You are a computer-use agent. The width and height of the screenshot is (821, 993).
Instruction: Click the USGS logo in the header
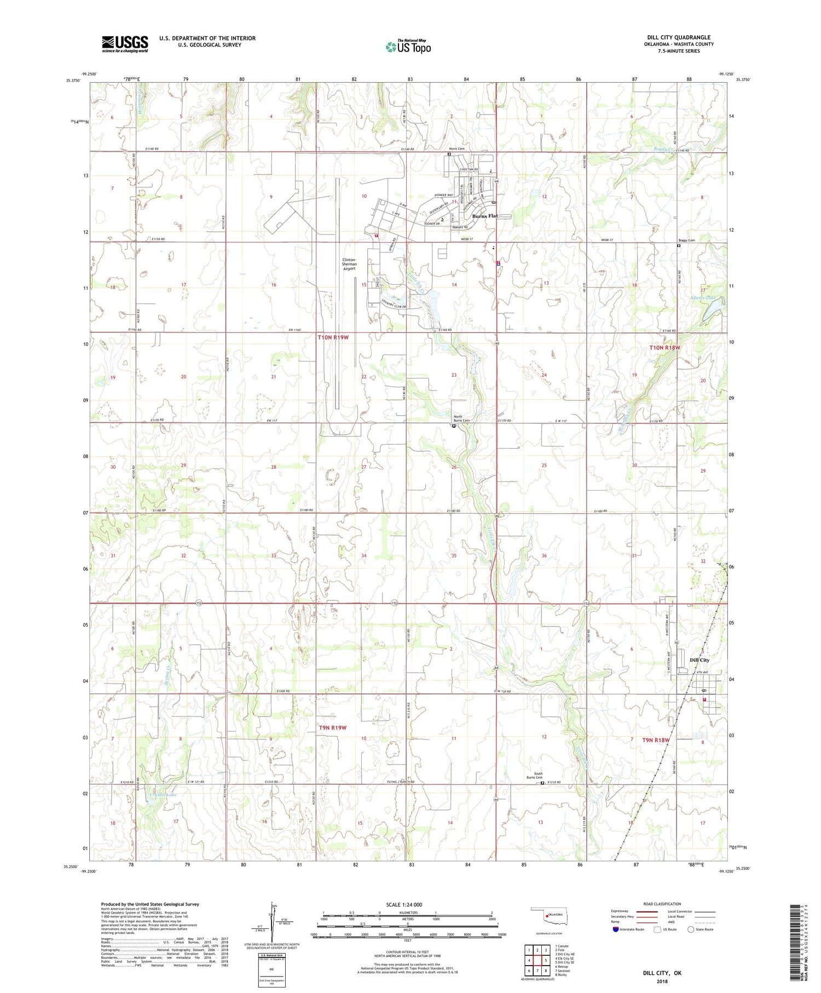click(124, 44)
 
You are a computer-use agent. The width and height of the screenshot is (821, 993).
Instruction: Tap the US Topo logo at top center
click(408, 47)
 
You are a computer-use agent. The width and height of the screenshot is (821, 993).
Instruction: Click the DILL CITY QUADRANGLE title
click(679, 37)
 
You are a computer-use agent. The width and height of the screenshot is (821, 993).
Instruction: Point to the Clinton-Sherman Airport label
click(350, 264)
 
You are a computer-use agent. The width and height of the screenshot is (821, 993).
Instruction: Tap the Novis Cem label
click(456, 148)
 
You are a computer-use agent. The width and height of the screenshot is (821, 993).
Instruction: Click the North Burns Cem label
click(461, 418)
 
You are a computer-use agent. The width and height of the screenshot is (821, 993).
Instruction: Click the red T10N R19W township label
click(333, 337)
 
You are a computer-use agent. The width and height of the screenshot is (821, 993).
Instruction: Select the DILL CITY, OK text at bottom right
click(662, 973)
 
